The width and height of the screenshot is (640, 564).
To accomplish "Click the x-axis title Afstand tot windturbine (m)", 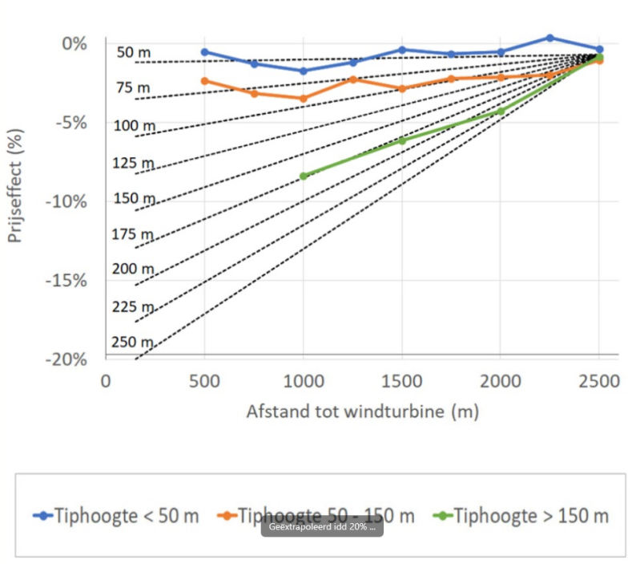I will click(362, 412).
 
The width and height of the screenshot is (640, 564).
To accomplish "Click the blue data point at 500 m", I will click(204, 52).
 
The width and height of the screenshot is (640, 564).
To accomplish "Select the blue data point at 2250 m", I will click(549, 38).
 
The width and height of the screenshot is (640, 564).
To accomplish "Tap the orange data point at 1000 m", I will click(303, 99).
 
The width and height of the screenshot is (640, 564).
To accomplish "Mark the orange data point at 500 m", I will click(204, 81).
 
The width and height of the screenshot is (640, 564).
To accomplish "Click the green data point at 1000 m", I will click(303, 176).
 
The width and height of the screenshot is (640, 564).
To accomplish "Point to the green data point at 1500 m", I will click(402, 140).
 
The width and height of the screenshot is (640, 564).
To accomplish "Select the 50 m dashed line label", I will click(133, 53).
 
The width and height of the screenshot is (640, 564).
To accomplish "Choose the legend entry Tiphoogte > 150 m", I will click(521, 515).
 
